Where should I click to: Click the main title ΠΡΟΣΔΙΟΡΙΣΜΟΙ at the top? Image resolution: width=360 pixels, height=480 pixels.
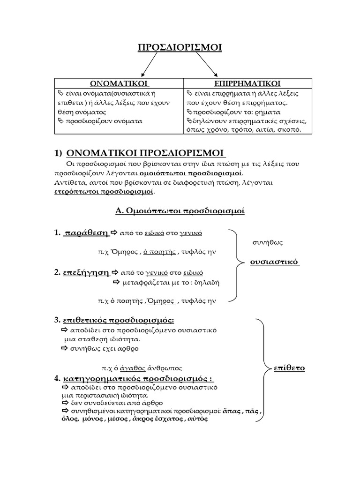click(x=180, y=47)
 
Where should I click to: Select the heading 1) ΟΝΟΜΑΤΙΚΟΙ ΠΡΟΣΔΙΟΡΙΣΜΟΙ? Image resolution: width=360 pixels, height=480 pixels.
click(x=146, y=154)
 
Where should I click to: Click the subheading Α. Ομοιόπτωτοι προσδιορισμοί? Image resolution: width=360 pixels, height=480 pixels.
click(x=180, y=211)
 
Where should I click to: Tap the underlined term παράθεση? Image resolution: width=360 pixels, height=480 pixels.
click(x=85, y=233)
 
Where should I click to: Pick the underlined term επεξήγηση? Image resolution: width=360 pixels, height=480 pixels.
click(x=85, y=272)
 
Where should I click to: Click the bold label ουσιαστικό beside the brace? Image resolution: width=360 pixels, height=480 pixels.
click(x=274, y=261)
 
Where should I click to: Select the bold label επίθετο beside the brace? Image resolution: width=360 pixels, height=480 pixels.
click(x=289, y=368)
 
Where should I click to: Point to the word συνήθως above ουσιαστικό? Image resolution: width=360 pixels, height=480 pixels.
click(x=267, y=242)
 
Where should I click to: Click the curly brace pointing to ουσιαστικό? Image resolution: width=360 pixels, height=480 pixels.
click(x=234, y=266)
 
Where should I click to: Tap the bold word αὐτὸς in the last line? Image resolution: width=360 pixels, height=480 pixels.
click(x=197, y=419)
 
